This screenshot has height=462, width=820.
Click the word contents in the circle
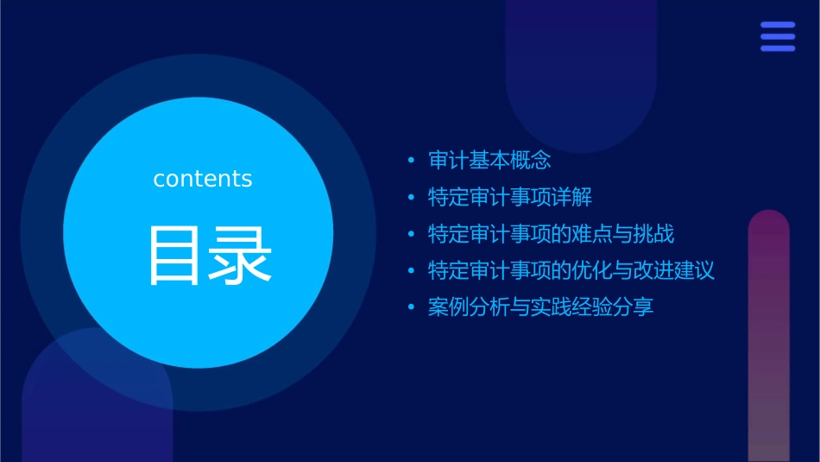203,179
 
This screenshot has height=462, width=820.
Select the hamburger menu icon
777,36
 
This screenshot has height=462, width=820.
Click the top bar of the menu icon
777,26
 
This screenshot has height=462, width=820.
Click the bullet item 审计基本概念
489,161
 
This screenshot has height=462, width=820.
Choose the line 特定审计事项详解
510,197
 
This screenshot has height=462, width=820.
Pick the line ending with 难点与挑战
551,234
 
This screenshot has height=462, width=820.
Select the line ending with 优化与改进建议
571,271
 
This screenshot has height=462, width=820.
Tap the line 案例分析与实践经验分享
540,307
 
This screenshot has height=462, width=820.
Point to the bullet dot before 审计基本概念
411,161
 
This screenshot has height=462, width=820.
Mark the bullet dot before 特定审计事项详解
411,198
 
